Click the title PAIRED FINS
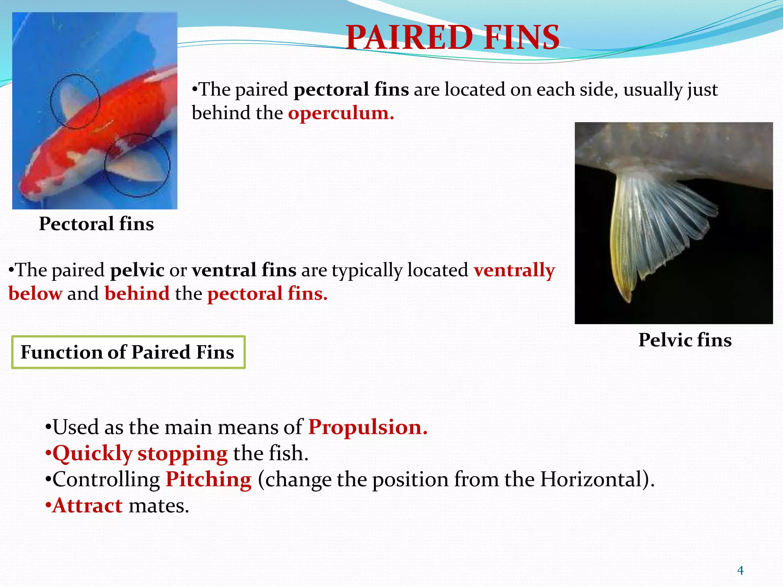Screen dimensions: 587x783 pos(453,37)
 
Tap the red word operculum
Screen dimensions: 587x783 pos(340,113)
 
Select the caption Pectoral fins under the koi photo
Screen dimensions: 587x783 pos(96,224)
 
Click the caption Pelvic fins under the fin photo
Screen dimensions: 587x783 pos(685,340)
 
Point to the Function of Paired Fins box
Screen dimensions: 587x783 pos(128,352)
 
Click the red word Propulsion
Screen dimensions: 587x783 pos(367,427)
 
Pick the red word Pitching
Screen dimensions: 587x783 pos(208,479)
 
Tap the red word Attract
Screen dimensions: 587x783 pos(88,506)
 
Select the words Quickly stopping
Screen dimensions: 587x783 pos(140,454)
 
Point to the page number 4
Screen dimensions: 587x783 pos(740,571)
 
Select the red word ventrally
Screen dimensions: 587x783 pos(514,270)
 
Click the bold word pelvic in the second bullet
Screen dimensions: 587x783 pos(137,270)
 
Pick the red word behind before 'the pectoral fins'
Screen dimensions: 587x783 pos(137,294)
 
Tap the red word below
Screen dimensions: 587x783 pos(35,294)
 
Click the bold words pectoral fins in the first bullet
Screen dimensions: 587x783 pos(351,90)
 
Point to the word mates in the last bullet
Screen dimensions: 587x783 pos(159,506)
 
